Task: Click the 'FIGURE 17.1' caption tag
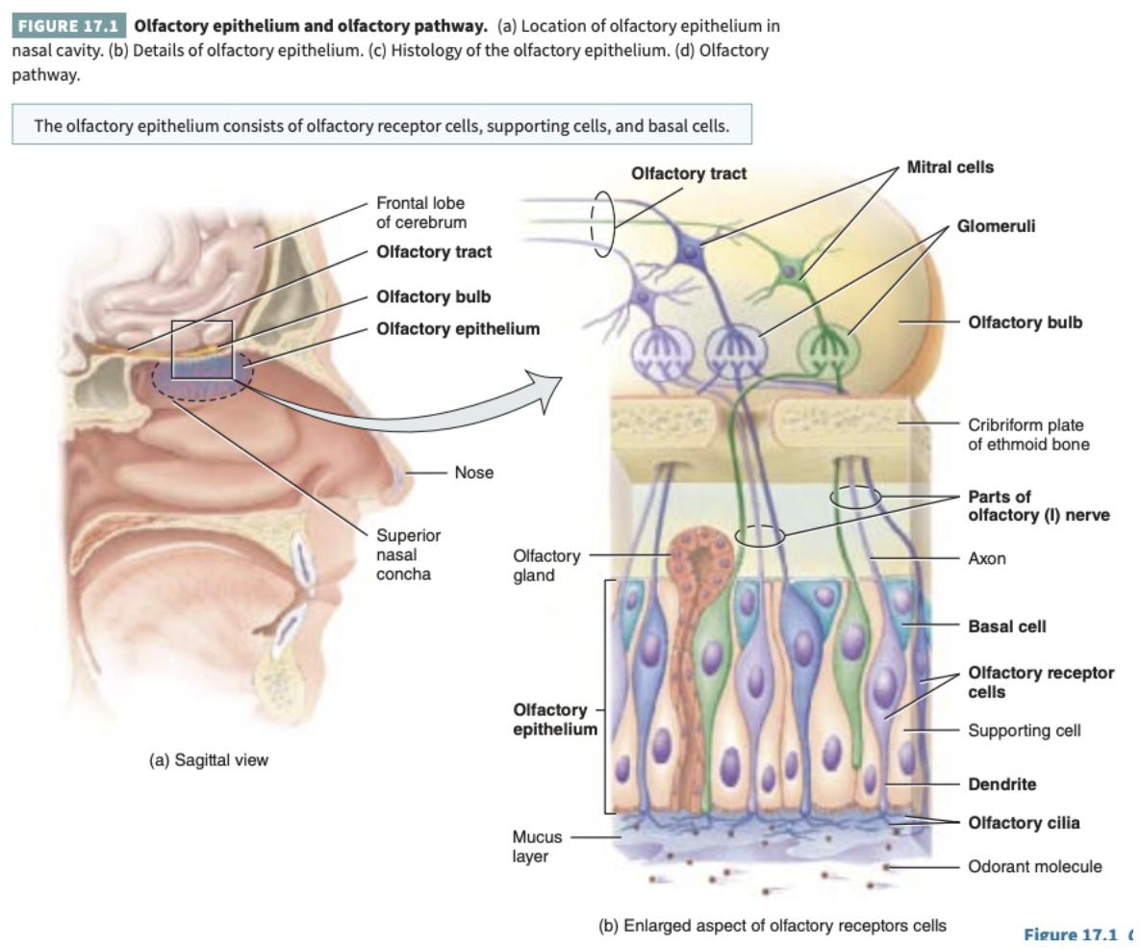tap(68, 25)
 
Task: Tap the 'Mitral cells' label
tap(950, 167)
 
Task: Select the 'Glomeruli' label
tap(996, 226)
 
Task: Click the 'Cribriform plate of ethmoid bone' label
tap(1028, 434)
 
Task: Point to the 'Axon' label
tap(987, 558)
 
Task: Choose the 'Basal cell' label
tap(1006, 627)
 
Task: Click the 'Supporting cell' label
tap(1024, 731)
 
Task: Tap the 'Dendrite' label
tap(1002, 784)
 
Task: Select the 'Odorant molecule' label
tap(1034, 866)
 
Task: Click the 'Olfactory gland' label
tap(546, 566)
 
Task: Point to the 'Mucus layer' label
tap(537, 847)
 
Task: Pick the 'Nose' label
tap(473, 473)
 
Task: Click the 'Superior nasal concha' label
tap(408, 554)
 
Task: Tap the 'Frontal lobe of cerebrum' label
tap(420, 213)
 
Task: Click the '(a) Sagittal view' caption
tap(208, 760)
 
